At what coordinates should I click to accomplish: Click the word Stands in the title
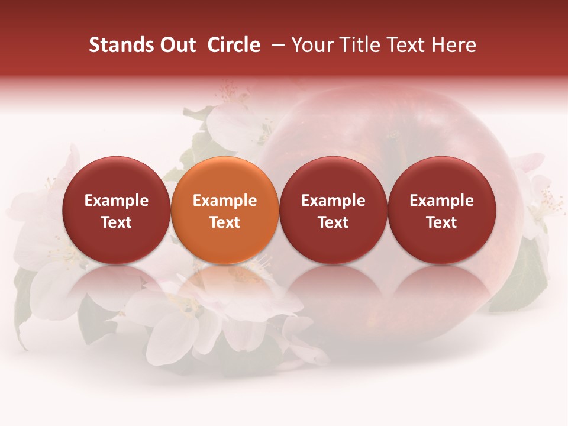point(116,45)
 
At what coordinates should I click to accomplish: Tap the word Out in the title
point(176,45)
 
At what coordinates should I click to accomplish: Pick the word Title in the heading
point(356,45)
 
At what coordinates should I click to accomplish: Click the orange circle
point(225,177)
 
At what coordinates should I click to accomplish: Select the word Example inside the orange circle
point(225,201)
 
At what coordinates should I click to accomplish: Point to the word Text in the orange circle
point(225,222)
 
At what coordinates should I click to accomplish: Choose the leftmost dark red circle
point(117,177)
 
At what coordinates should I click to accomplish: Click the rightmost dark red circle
point(442,177)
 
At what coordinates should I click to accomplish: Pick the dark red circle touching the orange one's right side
point(333,177)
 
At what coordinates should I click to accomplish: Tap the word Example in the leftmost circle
point(117,201)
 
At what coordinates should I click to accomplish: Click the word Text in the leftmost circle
point(117,222)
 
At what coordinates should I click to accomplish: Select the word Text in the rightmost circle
point(442,222)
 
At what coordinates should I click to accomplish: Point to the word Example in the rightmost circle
point(442,201)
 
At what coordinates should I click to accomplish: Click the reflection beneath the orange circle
point(225,284)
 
